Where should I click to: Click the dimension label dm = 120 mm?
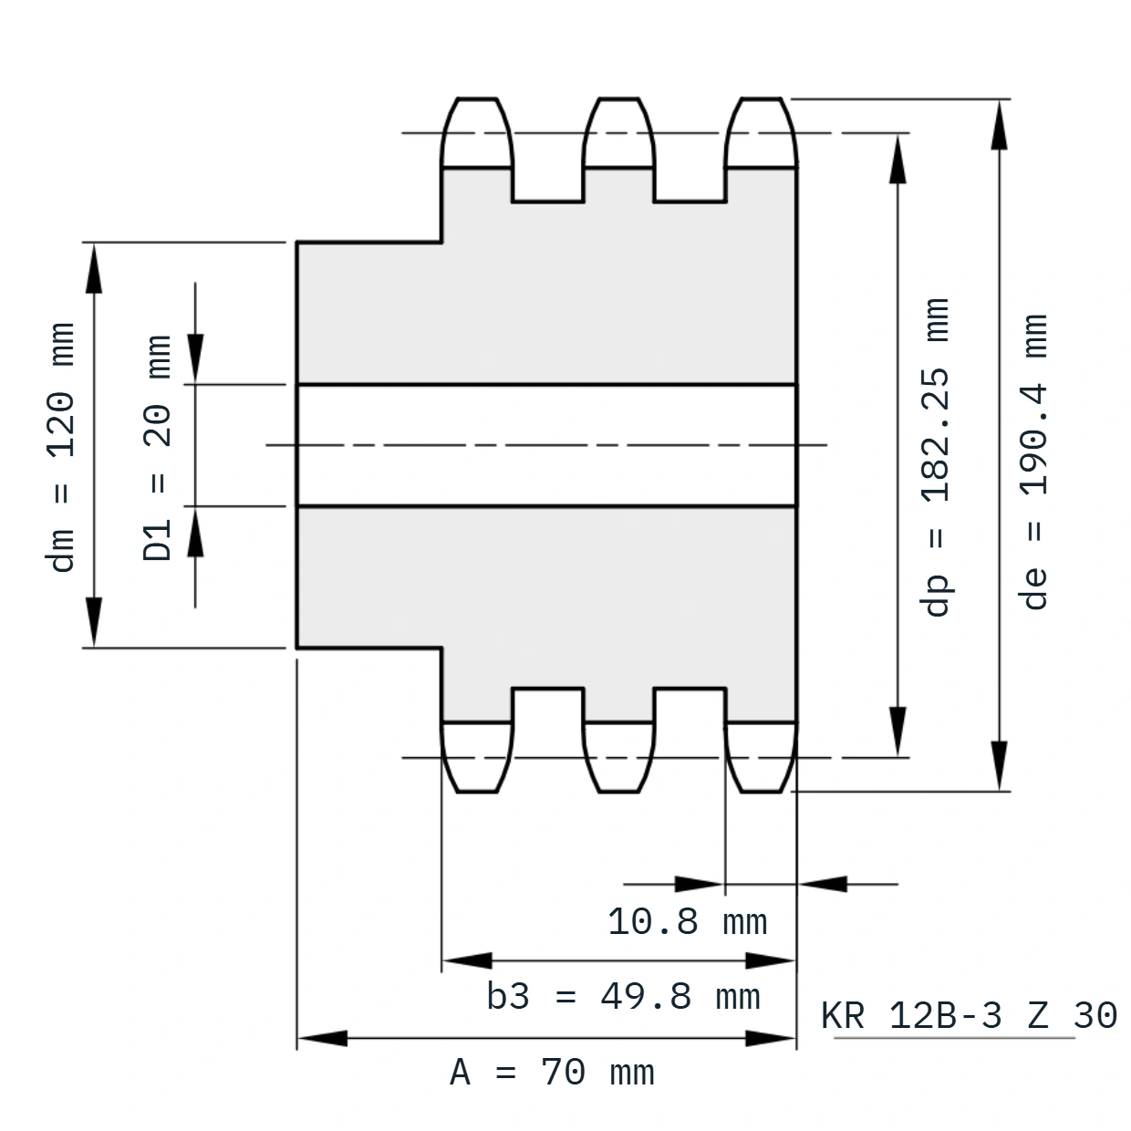click(60, 447)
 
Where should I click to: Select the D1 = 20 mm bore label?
click(157, 448)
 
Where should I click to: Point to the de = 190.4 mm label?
click(1033, 462)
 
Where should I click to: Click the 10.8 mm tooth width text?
click(688, 922)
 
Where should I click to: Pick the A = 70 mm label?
click(552, 1073)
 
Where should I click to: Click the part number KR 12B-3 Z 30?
click(969, 1015)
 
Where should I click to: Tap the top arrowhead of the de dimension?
click(1000, 124)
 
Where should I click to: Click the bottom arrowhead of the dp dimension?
click(898, 732)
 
